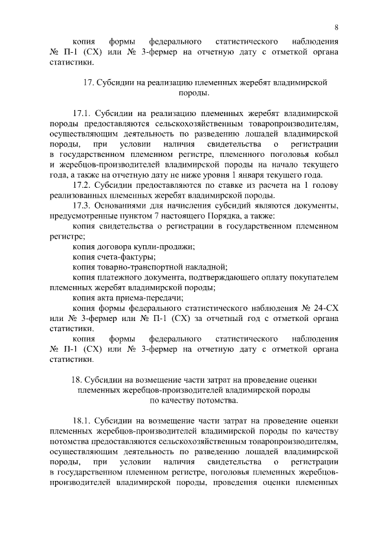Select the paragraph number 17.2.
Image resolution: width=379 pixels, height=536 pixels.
(x=84, y=185)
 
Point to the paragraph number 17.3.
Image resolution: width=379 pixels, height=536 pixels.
(x=84, y=205)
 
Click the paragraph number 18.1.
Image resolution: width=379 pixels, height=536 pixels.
(x=84, y=422)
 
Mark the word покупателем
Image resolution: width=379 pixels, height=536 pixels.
(x=312, y=277)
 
